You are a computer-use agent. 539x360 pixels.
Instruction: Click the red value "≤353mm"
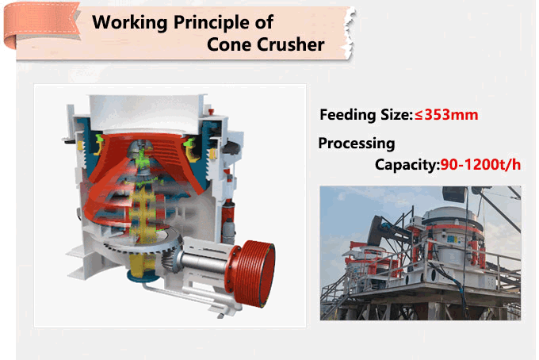(x=446, y=115)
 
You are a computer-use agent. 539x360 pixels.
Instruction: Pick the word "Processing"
(x=356, y=144)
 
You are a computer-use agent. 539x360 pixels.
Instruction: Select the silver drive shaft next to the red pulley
(x=207, y=262)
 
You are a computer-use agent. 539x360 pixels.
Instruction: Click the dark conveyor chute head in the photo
(x=454, y=193)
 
